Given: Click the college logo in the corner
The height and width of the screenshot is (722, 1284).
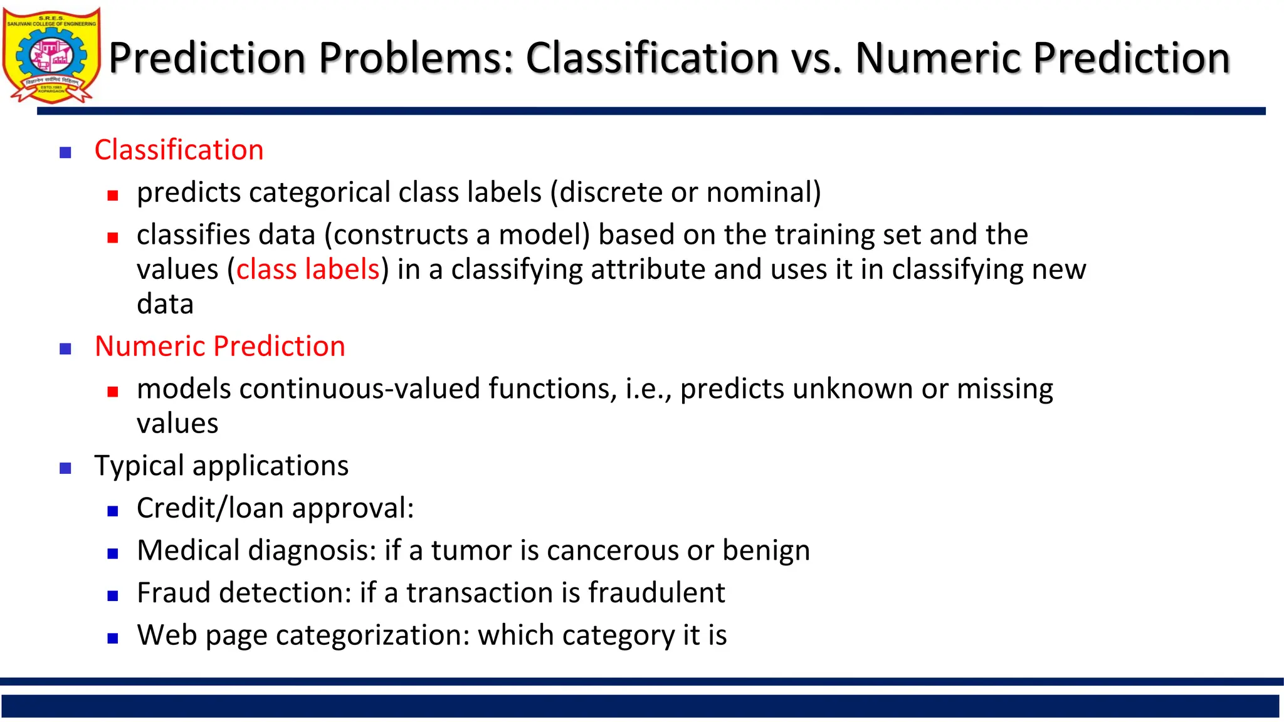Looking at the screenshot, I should point(51,55).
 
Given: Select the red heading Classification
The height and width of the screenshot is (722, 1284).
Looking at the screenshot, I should point(179,150).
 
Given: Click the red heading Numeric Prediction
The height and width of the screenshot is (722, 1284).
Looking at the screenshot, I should point(219,347).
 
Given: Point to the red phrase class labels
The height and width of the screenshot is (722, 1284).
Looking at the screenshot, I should point(308,269).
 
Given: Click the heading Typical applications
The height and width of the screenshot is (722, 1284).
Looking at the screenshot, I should point(221,466).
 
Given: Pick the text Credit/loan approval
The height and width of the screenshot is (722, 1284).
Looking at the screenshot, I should point(275,508).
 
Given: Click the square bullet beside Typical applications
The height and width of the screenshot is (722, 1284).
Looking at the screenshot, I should point(65,468).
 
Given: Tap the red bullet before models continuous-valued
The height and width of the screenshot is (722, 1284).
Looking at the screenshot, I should point(113,392).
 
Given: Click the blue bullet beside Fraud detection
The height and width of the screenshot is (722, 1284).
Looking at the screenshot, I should point(113,596).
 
